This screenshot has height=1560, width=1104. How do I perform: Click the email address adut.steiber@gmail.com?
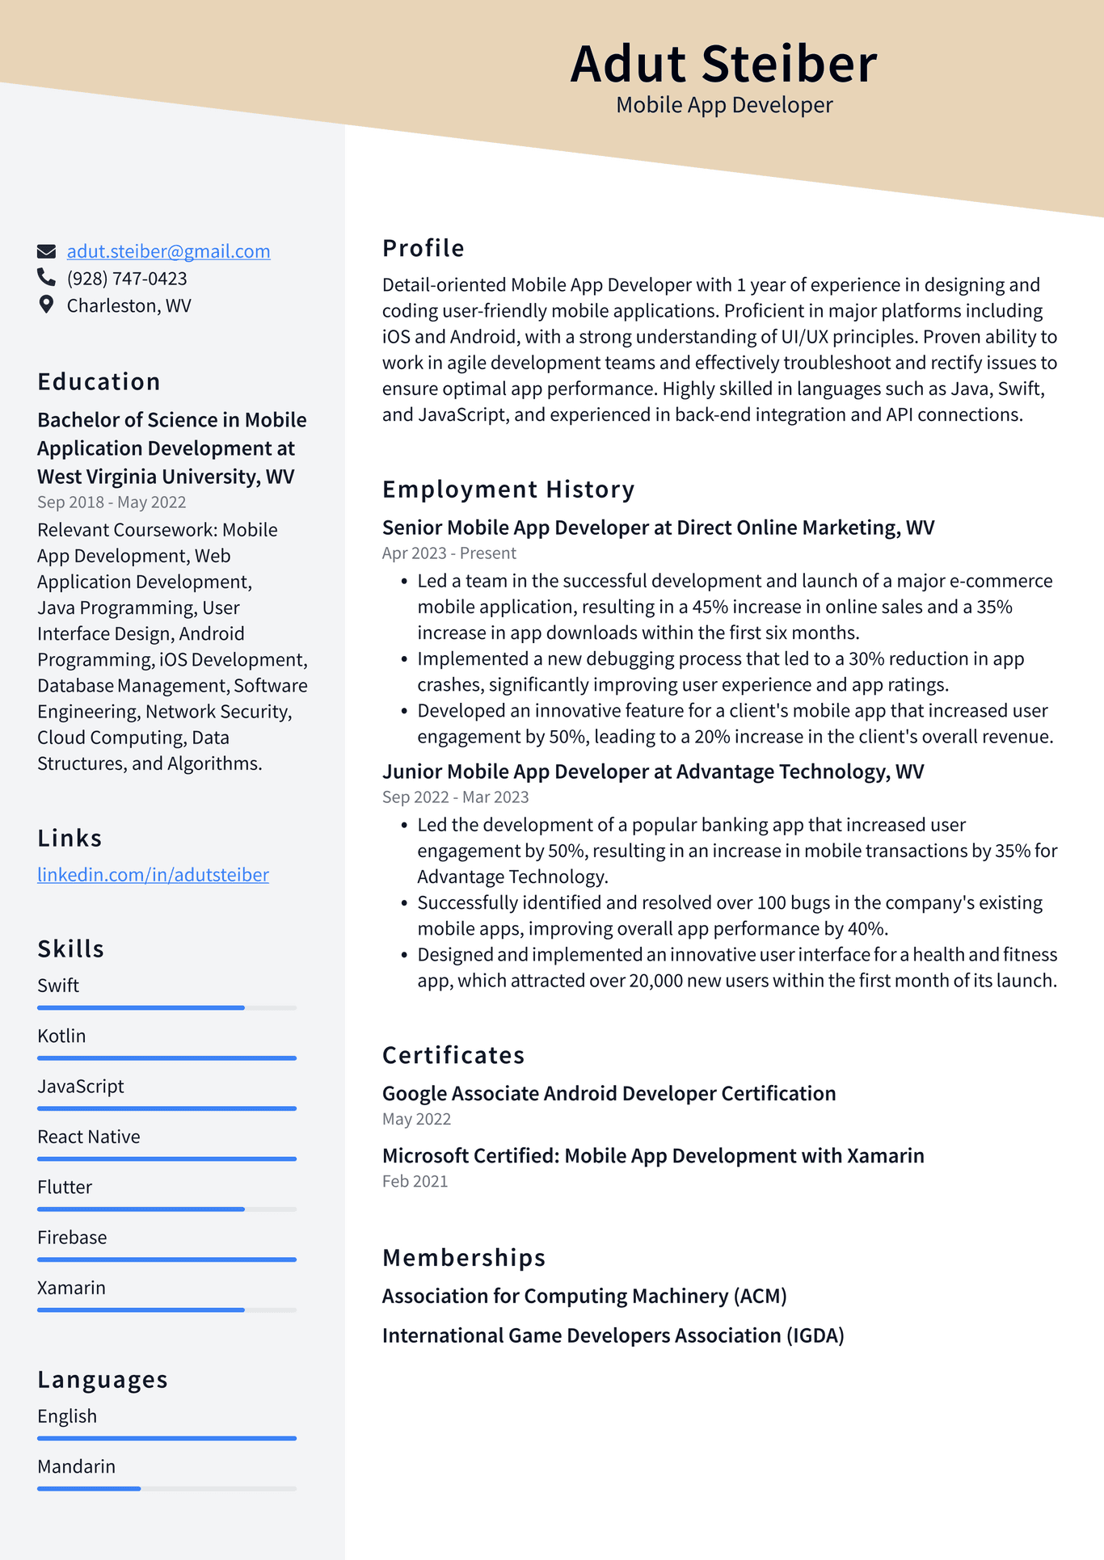tap(168, 251)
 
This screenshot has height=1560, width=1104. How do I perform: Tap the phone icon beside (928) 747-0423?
tap(46, 278)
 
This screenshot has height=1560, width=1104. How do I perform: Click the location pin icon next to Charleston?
tap(46, 305)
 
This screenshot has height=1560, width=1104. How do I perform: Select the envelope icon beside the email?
tap(46, 251)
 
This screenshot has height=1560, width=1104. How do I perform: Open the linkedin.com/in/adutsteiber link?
tap(153, 875)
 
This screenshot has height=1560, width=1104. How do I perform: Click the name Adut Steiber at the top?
tap(723, 63)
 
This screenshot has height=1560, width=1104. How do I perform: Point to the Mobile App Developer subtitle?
tap(724, 105)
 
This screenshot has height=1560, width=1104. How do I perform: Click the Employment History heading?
tap(508, 490)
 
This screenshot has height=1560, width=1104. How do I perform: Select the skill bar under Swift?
tap(166, 1007)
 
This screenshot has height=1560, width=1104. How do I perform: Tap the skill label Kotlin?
tap(61, 1036)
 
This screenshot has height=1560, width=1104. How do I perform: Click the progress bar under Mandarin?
tap(166, 1488)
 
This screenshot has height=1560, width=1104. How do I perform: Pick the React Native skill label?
tap(89, 1137)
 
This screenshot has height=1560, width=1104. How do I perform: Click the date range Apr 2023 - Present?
tap(449, 553)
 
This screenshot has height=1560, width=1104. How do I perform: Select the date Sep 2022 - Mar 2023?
tap(455, 797)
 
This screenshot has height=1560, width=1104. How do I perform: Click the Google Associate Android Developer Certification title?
tap(609, 1094)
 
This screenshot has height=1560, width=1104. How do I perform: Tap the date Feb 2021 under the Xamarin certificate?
tap(415, 1181)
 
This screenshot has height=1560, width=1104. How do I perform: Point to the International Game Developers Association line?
tap(613, 1335)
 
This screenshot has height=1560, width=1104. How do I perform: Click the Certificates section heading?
tap(453, 1055)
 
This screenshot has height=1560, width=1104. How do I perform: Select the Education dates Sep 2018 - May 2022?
tap(112, 502)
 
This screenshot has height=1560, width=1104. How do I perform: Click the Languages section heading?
tap(103, 1380)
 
